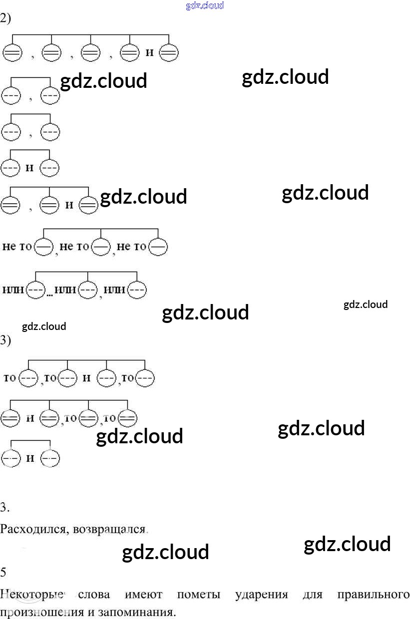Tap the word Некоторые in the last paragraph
33,595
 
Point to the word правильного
374,595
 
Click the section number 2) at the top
5,19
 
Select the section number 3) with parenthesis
5,340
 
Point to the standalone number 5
3,573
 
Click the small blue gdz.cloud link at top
205,6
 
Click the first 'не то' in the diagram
17,247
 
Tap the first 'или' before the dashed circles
13,290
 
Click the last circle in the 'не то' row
158,247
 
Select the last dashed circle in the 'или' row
137,290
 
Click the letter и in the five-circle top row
149,52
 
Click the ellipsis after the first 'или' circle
50,295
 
